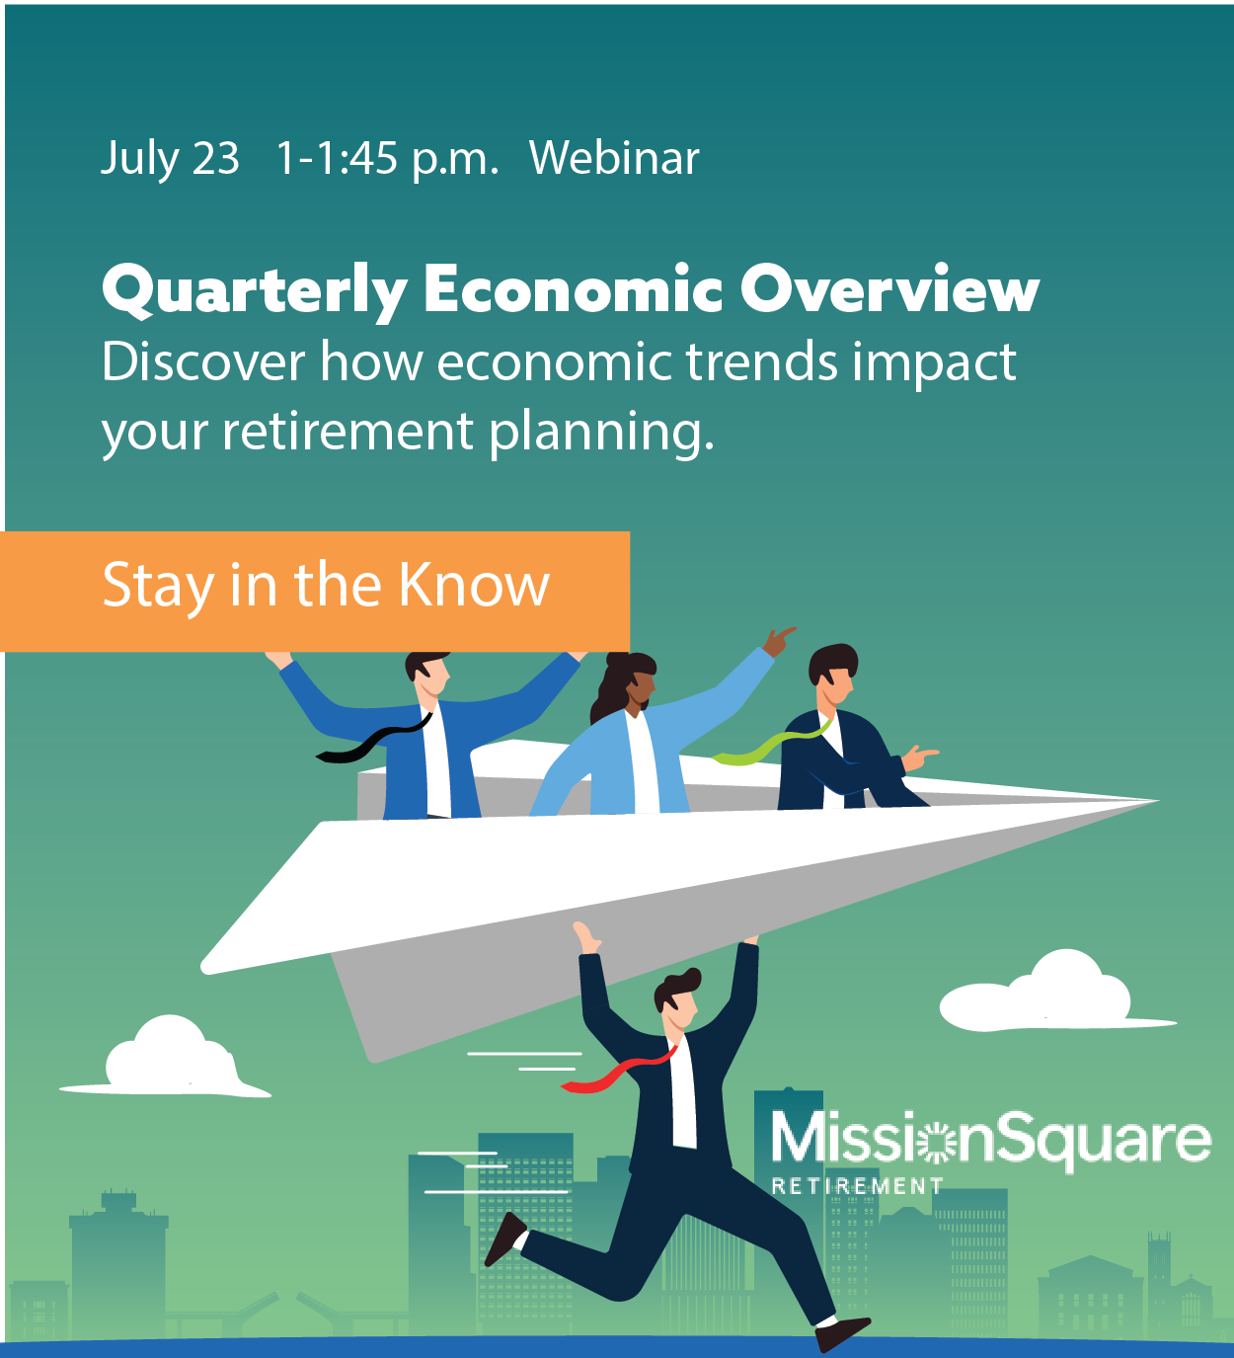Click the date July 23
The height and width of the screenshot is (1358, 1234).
[170, 158]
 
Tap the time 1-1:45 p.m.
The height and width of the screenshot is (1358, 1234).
[387, 158]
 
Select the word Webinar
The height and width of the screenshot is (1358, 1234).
[614, 158]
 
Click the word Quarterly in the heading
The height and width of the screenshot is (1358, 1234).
[255, 290]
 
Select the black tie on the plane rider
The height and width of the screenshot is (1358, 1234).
[370, 743]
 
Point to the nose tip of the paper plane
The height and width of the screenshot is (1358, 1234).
[1155, 801]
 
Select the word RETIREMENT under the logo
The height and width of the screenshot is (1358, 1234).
[856, 1185]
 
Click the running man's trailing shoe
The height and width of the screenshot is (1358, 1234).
[504, 1238]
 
